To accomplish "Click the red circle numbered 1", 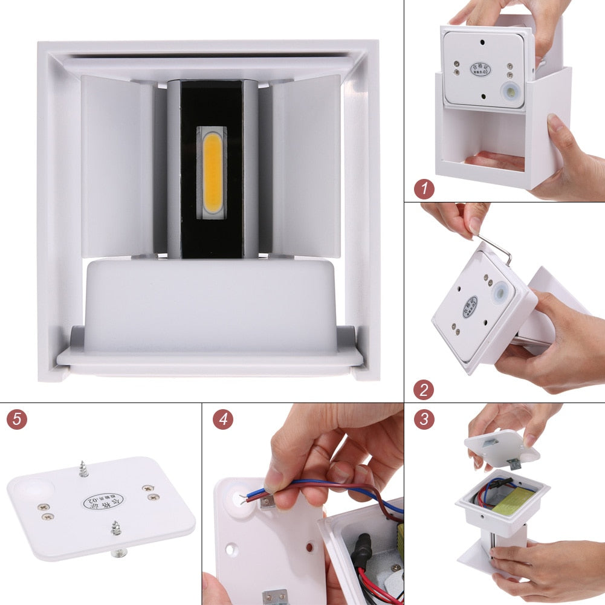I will (x=424, y=189).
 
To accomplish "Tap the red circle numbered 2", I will (x=424, y=389).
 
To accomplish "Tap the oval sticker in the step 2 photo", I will (x=470, y=306).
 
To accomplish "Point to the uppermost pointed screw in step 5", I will (x=83, y=468).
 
